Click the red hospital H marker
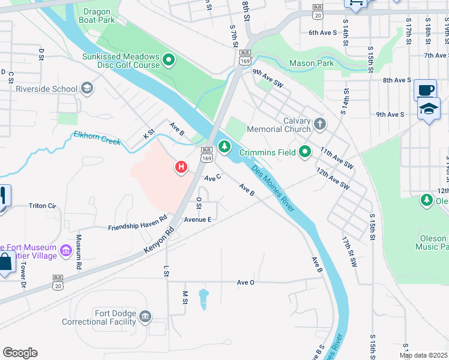(180, 167)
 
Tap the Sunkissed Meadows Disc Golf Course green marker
(169, 59)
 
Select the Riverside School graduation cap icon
(87, 89)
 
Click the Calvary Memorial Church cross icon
(320, 125)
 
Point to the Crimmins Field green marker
(305, 152)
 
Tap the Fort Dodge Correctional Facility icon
(145, 316)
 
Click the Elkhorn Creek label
(97, 138)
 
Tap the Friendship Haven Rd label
(137, 223)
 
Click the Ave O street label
(246, 282)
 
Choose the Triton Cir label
(42, 206)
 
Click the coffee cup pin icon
(426, 90)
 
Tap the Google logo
(20, 353)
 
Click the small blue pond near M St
(203, 298)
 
